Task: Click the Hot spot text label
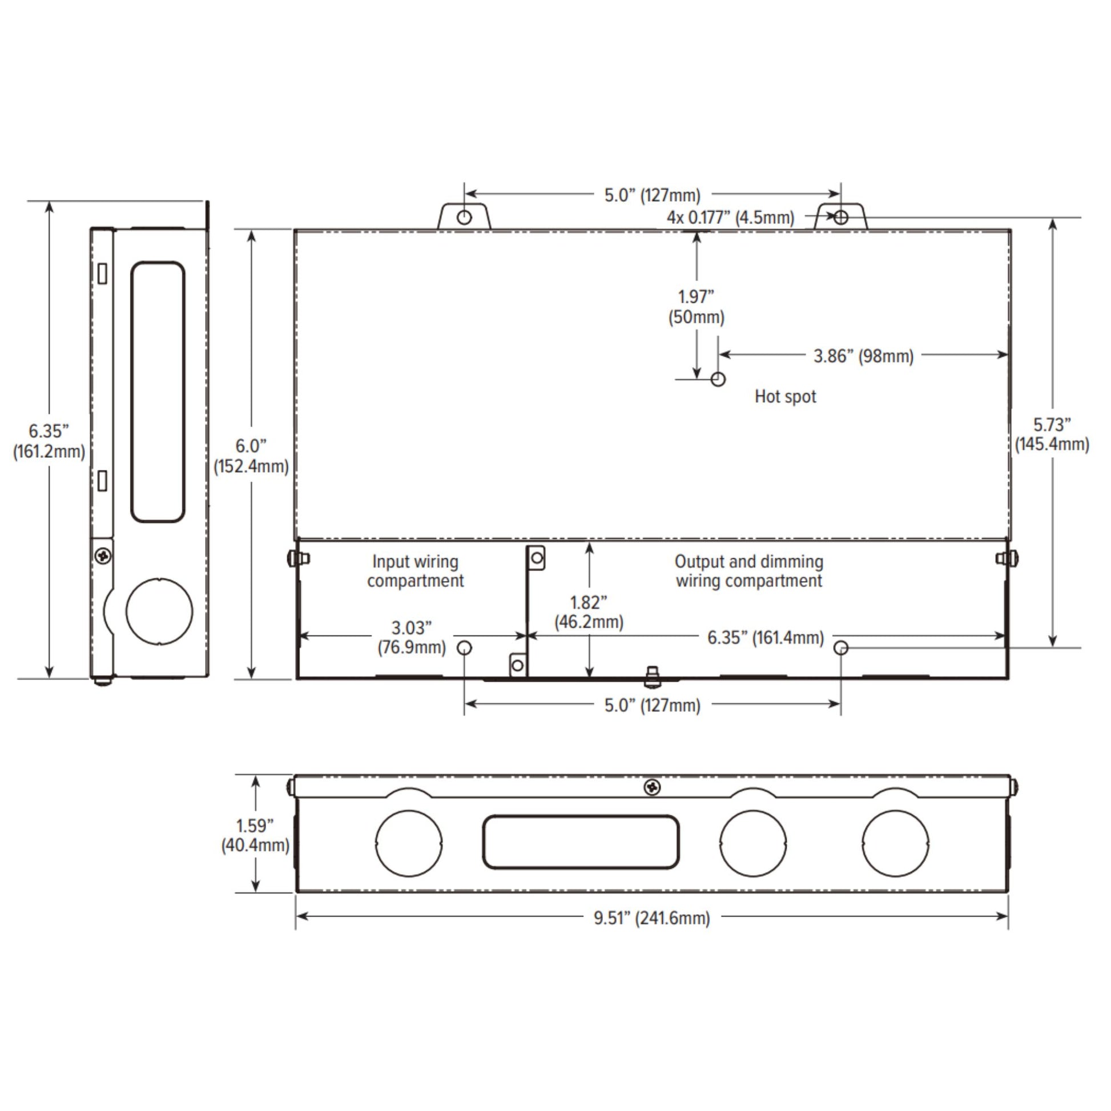coord(785,397)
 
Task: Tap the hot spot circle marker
coord(718,379)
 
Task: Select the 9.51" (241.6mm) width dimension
coord(652,918)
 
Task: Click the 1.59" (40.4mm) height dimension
coord(255,836)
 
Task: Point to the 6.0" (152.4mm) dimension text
coord(251,456)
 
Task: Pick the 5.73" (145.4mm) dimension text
coord(1052,434)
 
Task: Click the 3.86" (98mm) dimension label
coord(863,356)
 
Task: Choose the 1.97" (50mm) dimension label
coord(697,307)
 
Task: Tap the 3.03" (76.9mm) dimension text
coord(412,638)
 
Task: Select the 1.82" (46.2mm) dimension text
coord(589,613)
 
